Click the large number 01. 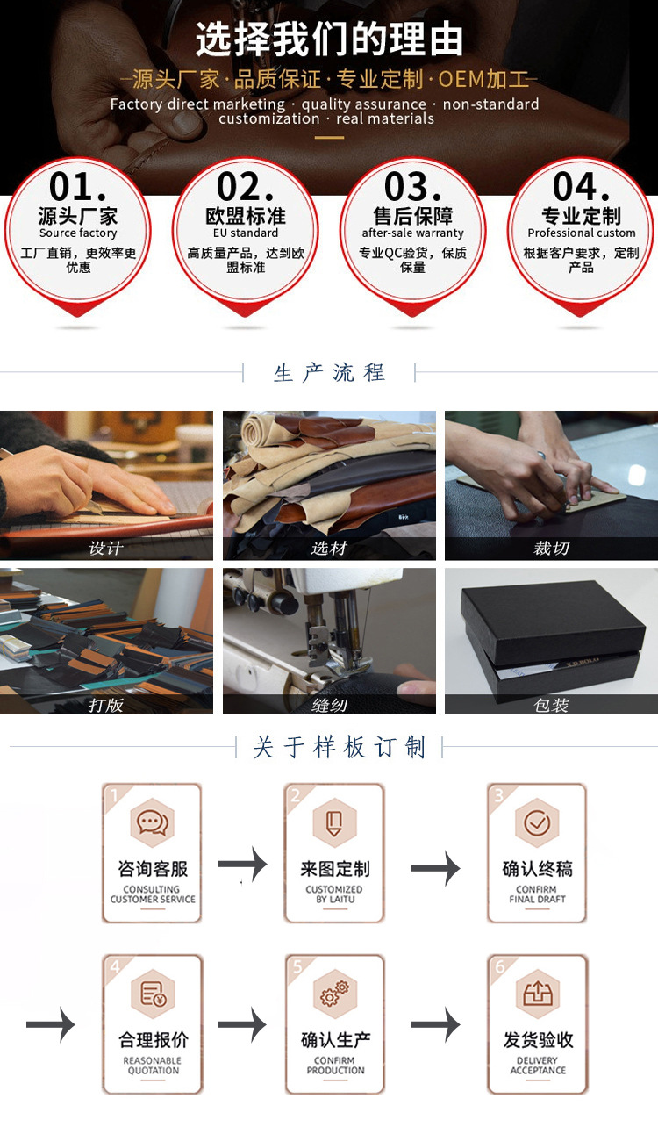(77, 188)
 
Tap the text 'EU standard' (246, 233)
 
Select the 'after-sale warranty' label (413, 233)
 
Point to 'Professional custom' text (581, 233)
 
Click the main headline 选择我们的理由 (329, 39)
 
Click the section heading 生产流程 (329, 373)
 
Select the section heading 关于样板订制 (339, 748)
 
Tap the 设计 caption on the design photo (106, 549)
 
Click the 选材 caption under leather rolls (329, 549)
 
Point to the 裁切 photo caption (551, 549)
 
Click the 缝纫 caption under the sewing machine (329, 705)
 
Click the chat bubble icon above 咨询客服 (152, 822)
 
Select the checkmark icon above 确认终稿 (537, 822)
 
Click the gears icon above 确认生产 (335, 994)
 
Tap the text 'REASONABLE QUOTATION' (153, 1066)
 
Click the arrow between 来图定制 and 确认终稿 (435, 868)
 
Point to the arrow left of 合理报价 (50, 1025)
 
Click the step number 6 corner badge (499, 967)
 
